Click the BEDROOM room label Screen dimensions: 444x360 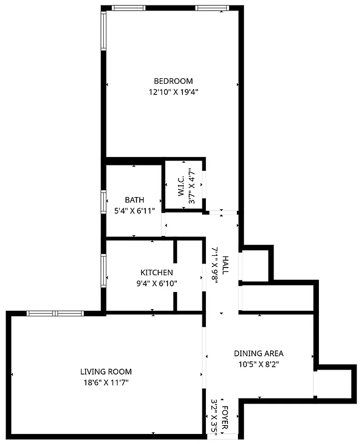pyautogui.click(x=173, y=81)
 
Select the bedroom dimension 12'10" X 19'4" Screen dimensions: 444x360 pyautogui.click(x=173, y=93)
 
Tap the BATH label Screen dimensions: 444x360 pyautogui.click(x=134, y=200)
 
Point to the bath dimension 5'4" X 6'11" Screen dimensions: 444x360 pyautogui.click(x=134, y=211)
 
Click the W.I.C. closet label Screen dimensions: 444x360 pyautogui.click(x=181, y=186)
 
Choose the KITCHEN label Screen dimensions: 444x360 pyautogui.click(x=156, y=273)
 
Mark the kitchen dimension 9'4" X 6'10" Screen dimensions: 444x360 pyautogui.click(x=156, y=284)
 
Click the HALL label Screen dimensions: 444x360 pyautogui.click(x=225, y=266)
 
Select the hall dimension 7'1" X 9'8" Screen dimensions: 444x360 pyautogui.click(x=215, y=266)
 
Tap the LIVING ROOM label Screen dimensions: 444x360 pyautogui.click(x=106, y=371)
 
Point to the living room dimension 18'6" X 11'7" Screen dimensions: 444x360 pyautogui.click(x=106, y=382)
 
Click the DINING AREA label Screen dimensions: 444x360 pyautogui.click(x=258, y=353)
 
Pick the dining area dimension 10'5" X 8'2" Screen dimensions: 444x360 pyautogui.click(x=258, y=365)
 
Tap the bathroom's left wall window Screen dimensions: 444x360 pyautogui.click(x=103, y=201)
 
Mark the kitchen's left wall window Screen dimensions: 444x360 pyautogui.click(x=103, y=270)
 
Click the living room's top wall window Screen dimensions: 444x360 pyautogui.click(x=55, y=313)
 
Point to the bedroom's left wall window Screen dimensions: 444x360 pyautogui.click(x=103, y=31)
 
